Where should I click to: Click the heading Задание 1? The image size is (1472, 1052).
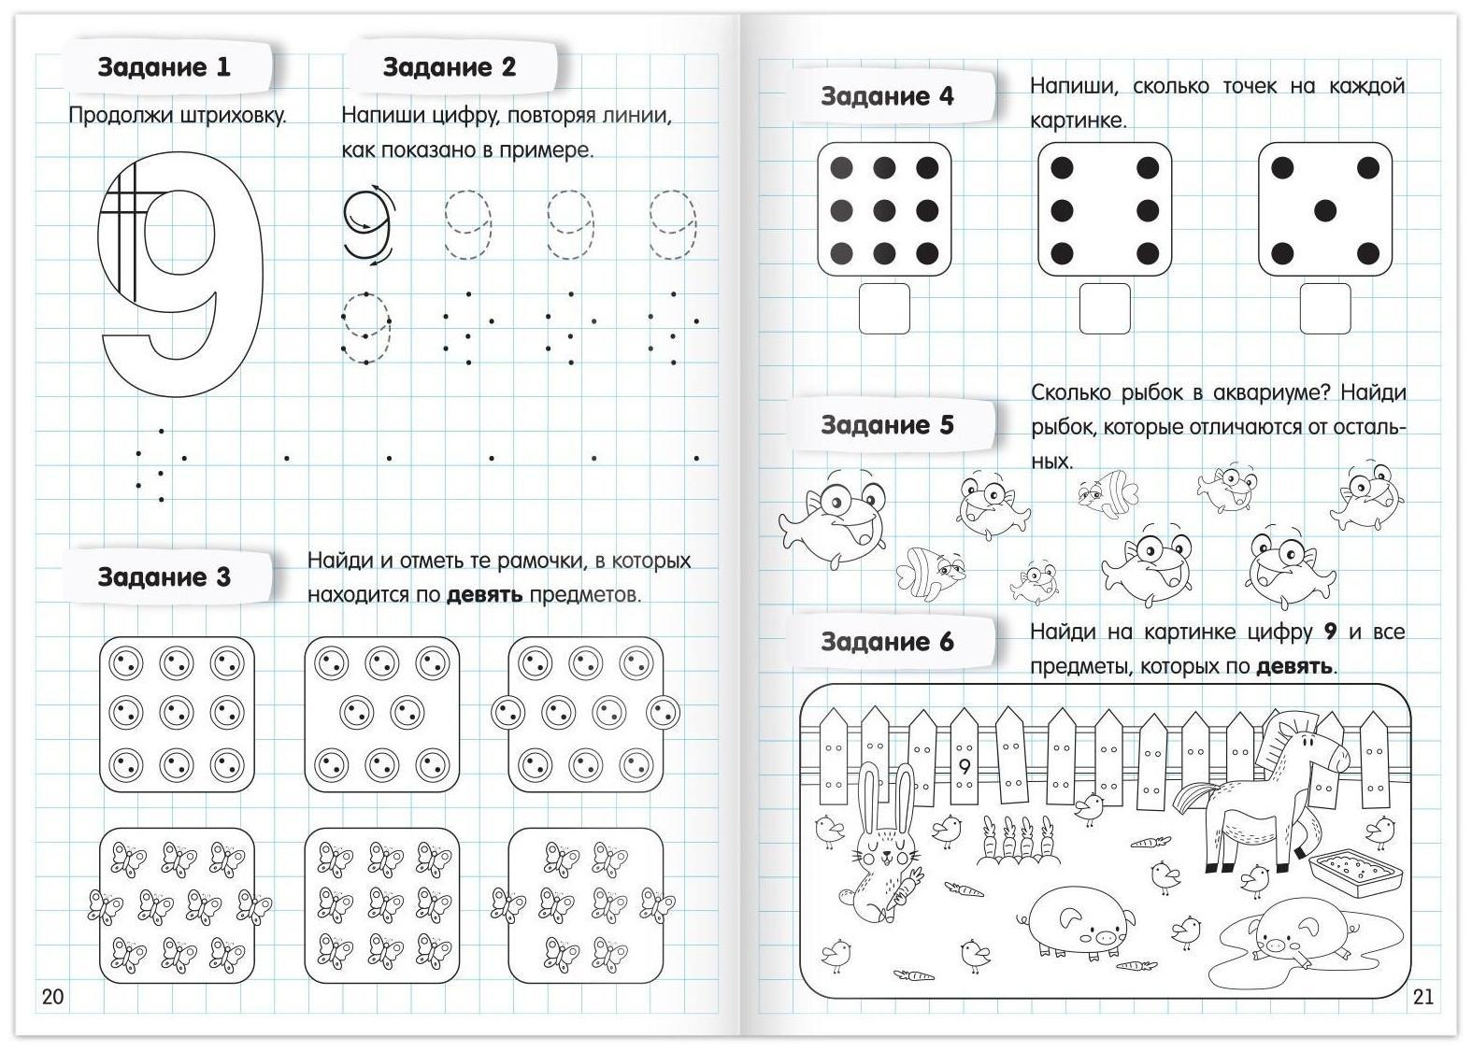pos(164,67)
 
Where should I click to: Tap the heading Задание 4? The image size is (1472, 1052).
pos(887,96)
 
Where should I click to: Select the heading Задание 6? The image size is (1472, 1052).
pos(887,642)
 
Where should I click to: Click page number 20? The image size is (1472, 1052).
pos(53,996)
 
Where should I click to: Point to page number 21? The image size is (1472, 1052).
pos(1422,996)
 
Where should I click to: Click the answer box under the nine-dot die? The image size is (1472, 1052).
pos(884,308)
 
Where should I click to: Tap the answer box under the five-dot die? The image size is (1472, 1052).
pos(1324,308)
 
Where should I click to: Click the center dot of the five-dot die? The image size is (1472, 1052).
pos(1324,210)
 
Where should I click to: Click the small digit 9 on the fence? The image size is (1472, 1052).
pos(965,767)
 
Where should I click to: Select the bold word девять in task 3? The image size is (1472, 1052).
pos(485,595)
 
